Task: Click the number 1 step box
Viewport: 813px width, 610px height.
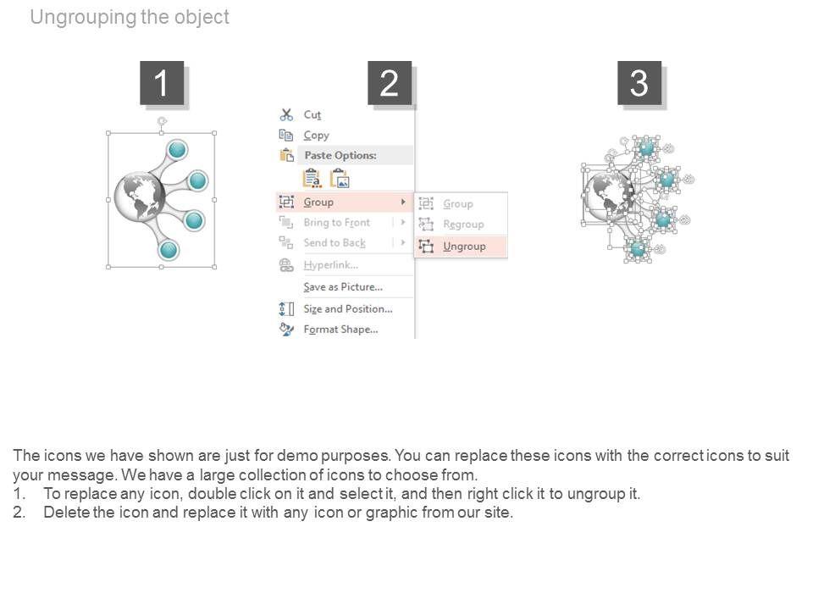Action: (161, 83)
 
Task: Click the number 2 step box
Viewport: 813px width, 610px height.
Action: (389, 83)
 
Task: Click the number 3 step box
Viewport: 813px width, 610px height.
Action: (639, 83)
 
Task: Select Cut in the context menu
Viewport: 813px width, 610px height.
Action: (312, 114)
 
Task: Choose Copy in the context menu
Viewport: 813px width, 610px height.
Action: (316, 135)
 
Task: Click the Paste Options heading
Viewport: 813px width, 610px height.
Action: (340, 155)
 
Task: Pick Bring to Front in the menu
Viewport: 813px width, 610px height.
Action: (336, 222)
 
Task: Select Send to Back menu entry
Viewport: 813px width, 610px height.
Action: (335, 242)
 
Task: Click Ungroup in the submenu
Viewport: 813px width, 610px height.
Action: (464, 246)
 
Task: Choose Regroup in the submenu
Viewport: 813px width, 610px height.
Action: (463, 225)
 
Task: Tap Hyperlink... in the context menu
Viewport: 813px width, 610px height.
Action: (331, 265)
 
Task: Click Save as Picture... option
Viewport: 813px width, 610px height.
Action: (343, 286)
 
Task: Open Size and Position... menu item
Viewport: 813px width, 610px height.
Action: (347, 308)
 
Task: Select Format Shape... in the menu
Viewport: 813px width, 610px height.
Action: (340, 329)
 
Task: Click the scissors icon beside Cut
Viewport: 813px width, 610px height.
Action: (286, 114)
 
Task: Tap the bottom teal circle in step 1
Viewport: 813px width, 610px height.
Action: (169, 249)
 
